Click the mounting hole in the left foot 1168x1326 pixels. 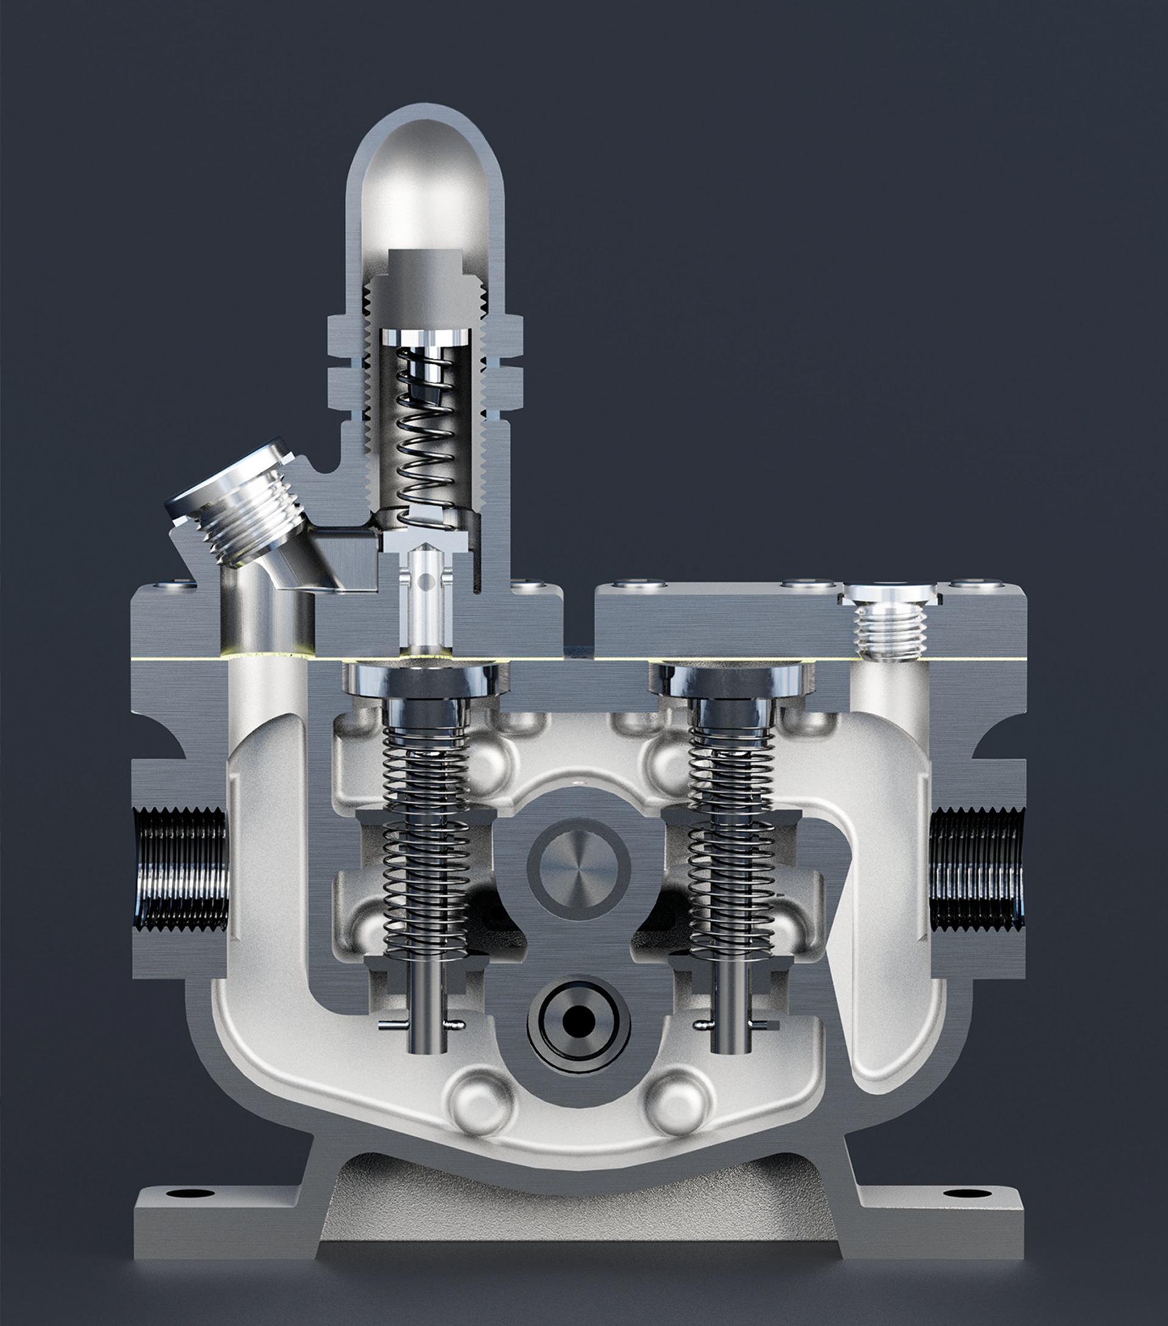190,1193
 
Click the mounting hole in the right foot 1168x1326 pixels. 967,1193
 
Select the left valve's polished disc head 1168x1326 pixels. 426,678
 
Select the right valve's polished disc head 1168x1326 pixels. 732,678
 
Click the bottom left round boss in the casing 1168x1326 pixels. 481,1102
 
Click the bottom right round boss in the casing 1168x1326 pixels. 676,1102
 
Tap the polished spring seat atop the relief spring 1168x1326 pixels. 425,338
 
